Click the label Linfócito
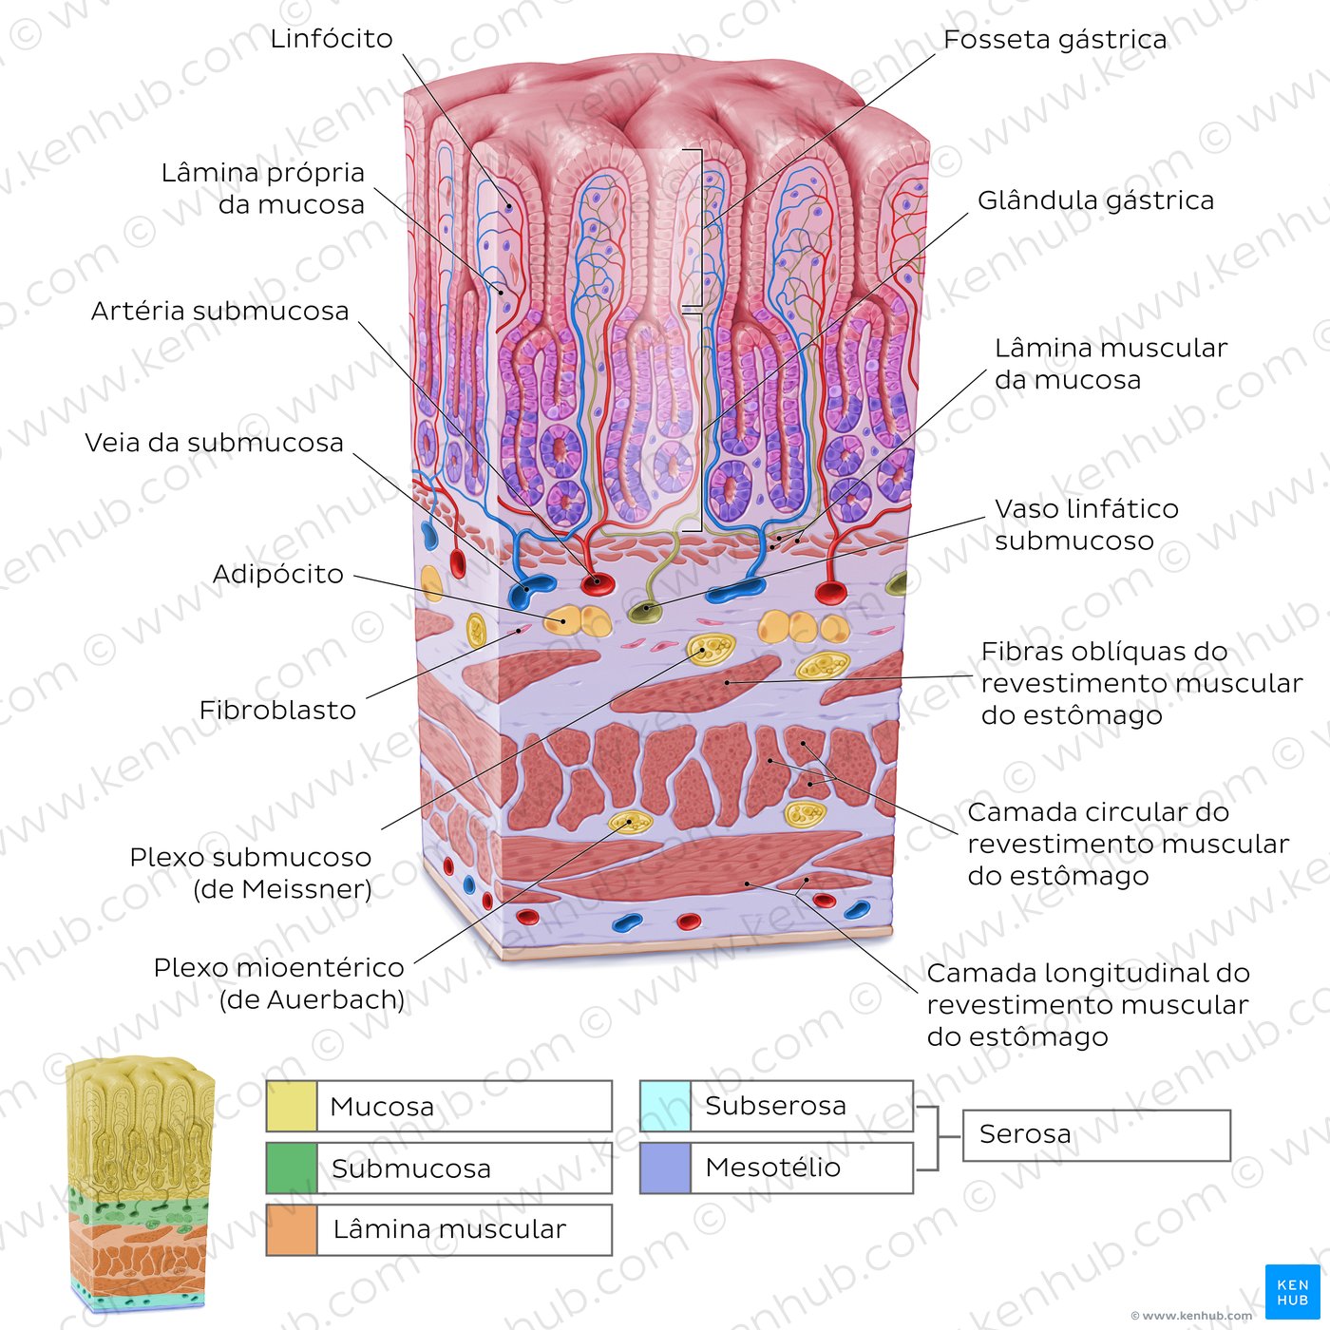(x=332, y=39)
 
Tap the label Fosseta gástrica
(x=1055, y=40)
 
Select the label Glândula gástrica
(x=1096, y=200)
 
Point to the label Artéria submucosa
(x=220, y=311)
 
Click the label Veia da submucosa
(x=214, y=443)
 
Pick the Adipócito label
(x=278, y=574)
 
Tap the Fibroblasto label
(x=277, y=710)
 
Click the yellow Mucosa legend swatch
(x=292, y=1106)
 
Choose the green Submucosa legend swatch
(x=292, y=1168)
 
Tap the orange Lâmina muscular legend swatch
(x=292, y=1230)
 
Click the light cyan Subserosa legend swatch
(x=665, y=1106)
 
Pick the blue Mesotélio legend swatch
(x=665, y=1168)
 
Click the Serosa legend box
(x=1096, y=1135)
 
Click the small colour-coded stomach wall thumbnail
(x=140, y=1185)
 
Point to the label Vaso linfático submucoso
(x=1087, y=524)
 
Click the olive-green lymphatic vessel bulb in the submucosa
(x=646, y=610)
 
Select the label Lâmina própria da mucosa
(x=263, y=188)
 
